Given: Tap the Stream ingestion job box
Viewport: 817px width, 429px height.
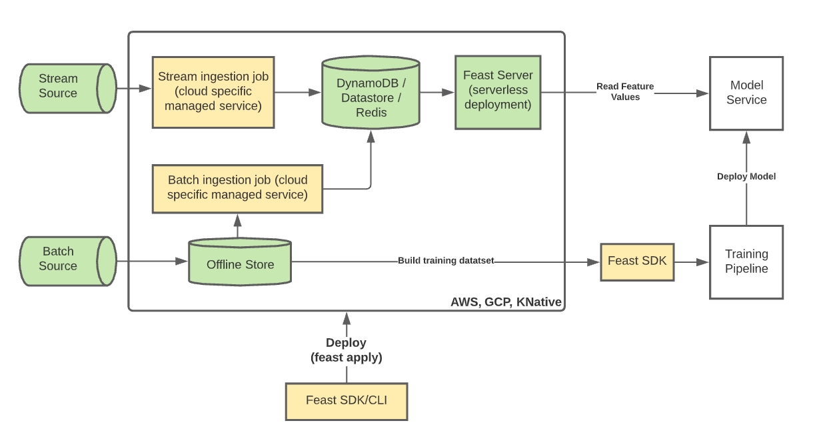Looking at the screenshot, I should click(213, 91).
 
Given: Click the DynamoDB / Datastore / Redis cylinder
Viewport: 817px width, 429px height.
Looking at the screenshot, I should click(371, 97).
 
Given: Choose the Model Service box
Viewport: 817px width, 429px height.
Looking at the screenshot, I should click(746, 93).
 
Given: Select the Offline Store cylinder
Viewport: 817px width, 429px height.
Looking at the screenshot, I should click(240, 264).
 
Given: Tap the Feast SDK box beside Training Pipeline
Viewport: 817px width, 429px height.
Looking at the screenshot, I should click(637, 261).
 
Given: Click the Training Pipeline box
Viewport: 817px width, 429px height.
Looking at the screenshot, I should click(746, 262).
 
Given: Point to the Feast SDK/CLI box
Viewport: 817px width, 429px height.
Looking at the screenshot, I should click(346, 401).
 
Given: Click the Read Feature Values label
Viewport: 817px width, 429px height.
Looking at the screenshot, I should click(624, 92).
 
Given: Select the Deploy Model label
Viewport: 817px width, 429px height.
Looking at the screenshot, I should click(746, 177).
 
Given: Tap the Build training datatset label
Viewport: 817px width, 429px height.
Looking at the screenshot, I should click(446, 260).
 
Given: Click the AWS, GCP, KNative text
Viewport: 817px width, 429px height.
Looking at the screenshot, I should click(506, 302).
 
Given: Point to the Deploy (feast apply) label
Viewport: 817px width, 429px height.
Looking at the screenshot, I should click(346, 350).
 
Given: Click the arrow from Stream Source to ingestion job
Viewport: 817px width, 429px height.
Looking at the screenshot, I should click(134, 87).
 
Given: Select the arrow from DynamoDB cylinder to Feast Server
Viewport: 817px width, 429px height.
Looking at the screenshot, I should click(437, 92).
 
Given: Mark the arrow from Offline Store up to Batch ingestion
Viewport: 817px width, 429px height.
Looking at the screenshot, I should click(237, 226).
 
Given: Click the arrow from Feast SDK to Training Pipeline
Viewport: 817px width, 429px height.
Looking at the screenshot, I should click(691, 262).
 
